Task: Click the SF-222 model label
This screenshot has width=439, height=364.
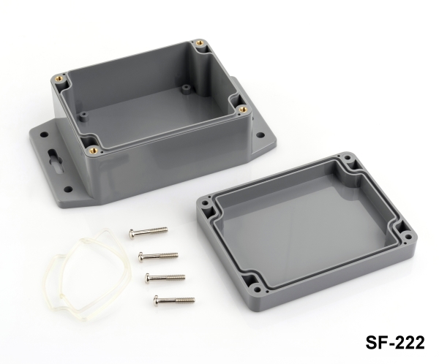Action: pos(395,342)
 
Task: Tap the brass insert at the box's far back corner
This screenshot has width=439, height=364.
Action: pos(200,43)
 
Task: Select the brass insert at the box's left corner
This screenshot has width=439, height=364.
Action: pos(61,78)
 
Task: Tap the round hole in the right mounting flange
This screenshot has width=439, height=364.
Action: pos(261,135)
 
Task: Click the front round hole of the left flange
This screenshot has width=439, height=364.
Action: pos(68,189)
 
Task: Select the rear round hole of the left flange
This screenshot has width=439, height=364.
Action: pos(44,134)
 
